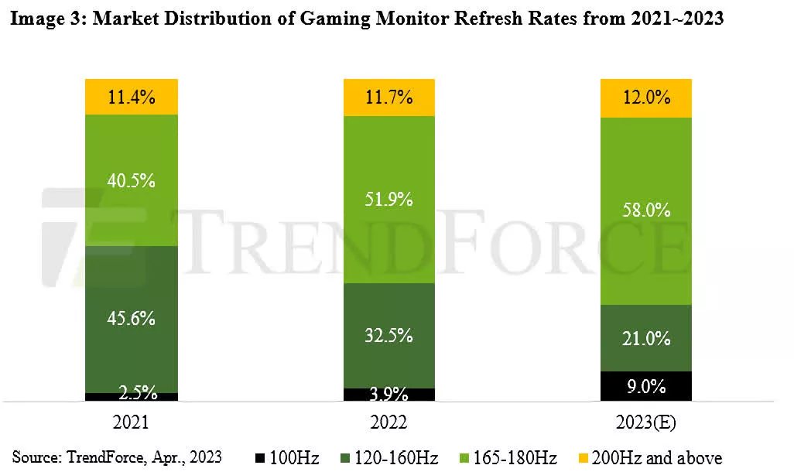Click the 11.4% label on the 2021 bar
click(x=132, y=97)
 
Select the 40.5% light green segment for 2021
click(x=132, y=181)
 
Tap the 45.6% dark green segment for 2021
click(x=132, y=318)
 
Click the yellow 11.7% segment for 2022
click(x=389, y=97)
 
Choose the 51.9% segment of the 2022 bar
click(x=389, y=199)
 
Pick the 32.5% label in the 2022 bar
click(x=389, y=336)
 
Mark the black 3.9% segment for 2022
click(x=389, y=394)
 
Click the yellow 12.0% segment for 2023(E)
click(x=646, y=98)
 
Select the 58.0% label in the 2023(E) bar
click(x=646, y=210)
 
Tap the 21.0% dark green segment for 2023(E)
click(x=646, y=338)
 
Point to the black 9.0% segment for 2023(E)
click(x=646, y=386)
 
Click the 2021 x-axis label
click(x=132, y=423)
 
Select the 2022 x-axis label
click(x=389, y=423)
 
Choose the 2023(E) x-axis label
click(x=646, y=423)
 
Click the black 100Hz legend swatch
click(x=261, y=458)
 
